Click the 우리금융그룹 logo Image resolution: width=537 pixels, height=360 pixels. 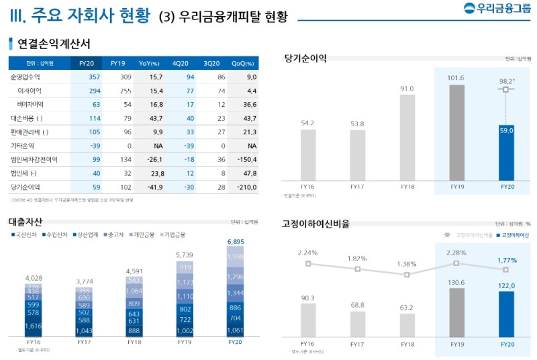tap(496, 9)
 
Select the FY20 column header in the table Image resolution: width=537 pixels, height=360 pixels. tap(87, 63)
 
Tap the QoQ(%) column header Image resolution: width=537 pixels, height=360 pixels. tap(242, 63)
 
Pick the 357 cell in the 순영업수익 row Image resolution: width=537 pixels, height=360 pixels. tap(95, 77)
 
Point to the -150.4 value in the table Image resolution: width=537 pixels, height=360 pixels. tap(246, 159)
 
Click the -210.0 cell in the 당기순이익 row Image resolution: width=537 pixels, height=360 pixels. tap(246, 187)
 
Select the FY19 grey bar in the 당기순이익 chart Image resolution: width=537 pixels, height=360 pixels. tap(456, 132)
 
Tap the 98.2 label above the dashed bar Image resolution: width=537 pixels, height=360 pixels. tap(507, 81)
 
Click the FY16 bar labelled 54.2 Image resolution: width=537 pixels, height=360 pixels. tap(308, 154)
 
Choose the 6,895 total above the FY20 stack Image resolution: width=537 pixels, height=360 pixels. tap(236, 241)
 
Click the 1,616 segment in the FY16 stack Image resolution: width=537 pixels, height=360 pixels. tap(34, 325)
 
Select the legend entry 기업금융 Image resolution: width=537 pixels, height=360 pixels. tap(174, 234)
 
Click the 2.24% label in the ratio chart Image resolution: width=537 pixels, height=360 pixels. tap(307, 253)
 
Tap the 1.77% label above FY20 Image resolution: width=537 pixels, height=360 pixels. tap(507, 259)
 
